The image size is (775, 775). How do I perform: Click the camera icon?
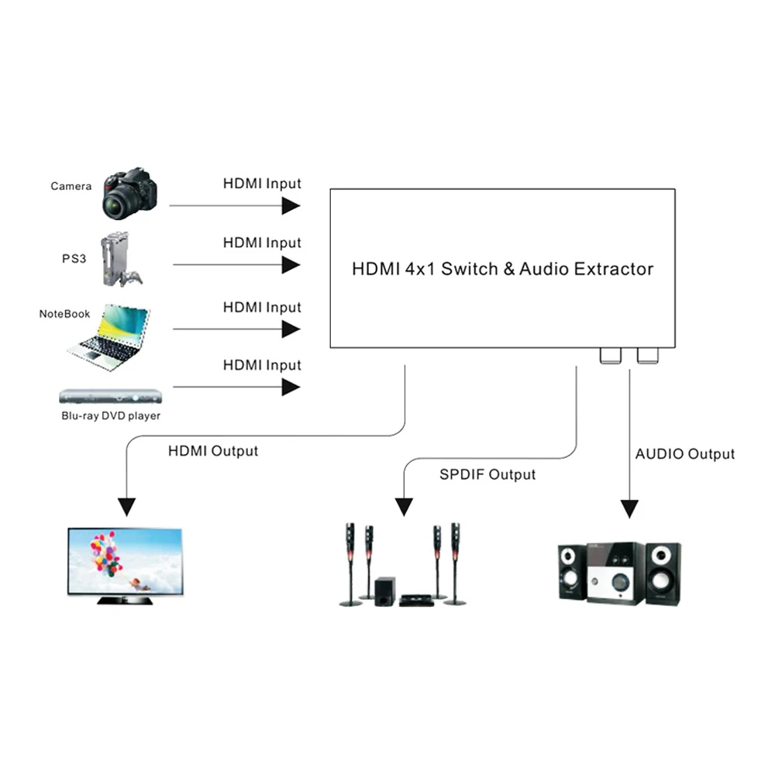point(129,193)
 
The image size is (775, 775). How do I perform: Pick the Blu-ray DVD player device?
point(110,395)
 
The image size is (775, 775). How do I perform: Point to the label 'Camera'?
point(71,186)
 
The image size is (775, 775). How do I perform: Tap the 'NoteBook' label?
point(65,314)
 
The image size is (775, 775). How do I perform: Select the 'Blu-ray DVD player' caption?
point(111,416)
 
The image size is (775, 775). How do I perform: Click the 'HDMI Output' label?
point(213,451)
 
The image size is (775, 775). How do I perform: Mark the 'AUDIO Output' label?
point(685,454)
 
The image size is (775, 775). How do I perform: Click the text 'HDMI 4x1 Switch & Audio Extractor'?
point(502,269)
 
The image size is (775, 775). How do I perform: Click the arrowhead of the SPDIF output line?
point(404,507)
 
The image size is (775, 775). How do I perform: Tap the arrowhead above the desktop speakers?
point(630,508)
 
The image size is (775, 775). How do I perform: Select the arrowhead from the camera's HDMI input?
point(291,205)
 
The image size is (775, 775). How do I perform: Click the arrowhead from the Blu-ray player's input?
point(291,386)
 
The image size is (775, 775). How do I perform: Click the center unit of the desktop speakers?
point(615,573)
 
